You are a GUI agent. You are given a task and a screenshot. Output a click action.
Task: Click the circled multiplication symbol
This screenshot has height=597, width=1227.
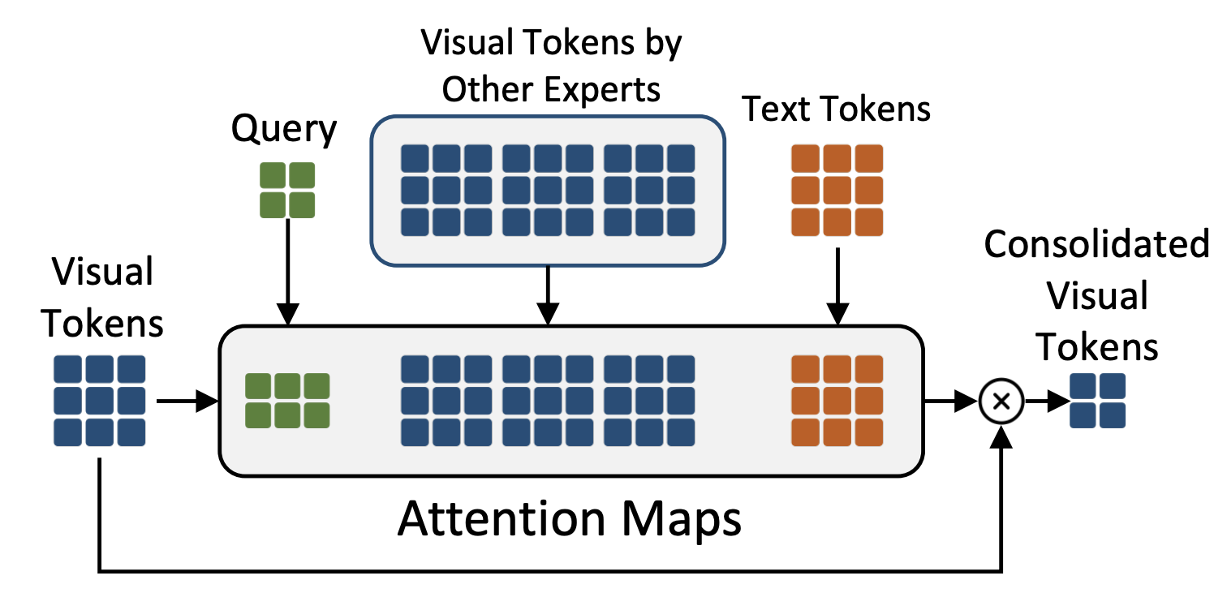(1001, 402)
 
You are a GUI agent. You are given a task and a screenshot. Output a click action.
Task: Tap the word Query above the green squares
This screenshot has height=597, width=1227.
(284, 129)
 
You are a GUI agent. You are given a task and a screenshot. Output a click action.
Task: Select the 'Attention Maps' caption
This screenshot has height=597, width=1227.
(569, 519)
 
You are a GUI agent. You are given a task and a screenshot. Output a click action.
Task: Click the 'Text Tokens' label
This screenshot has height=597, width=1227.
(836, 109)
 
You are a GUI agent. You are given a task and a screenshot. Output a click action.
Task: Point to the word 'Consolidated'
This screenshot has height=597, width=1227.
(1096, 243)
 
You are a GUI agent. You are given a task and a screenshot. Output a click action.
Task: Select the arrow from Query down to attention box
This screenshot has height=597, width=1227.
(287, 272)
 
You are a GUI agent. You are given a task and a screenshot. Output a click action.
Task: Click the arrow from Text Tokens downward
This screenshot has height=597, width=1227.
(837, 286)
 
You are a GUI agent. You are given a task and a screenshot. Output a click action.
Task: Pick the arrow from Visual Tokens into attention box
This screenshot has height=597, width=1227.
(188, 402)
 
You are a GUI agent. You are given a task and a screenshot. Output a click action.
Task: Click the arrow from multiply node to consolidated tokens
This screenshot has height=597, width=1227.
(1047, 402)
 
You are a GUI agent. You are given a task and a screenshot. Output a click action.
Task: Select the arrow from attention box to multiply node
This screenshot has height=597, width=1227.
(951, 402)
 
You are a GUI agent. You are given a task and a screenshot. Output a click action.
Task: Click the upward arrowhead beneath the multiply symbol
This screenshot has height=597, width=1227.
(1001, 436)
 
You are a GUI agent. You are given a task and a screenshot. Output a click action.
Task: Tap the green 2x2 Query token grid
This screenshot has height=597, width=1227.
(287, 190)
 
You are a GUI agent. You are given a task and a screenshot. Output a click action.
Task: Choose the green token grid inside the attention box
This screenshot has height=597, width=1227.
(287, 401)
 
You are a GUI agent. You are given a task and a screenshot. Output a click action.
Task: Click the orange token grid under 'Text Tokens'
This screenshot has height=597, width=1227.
(837, 190)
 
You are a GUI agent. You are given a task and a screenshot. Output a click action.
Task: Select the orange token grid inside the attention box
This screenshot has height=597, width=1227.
(837, 401)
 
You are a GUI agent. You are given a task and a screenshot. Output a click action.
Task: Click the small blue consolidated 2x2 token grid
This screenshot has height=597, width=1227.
(1097, 401)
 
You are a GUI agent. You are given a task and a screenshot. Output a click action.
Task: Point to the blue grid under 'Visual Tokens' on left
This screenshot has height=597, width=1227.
(100, 401)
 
